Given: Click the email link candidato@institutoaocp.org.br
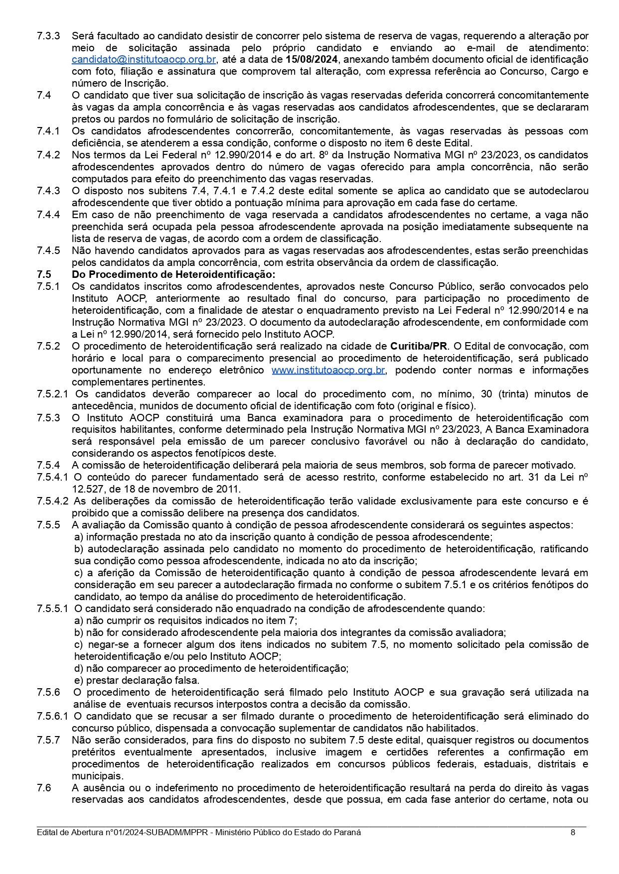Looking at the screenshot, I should (x=144, y=60).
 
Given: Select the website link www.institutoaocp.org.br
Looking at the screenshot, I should (x=328, y=370).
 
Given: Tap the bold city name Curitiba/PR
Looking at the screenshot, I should (x=419, y=346).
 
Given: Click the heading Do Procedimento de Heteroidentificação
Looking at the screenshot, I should (x=173, y=274).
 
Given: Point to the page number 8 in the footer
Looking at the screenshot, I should (x=573, y=832).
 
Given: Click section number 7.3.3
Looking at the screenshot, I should (x=48, y=36).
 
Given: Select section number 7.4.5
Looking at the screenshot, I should (x=48, y=250).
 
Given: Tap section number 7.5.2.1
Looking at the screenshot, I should (x=52, y=394).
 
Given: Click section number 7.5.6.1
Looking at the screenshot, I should (x=52, y=716).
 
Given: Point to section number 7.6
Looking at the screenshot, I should (x=44, y=788).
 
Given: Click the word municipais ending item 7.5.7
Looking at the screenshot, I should (x=97, y=776).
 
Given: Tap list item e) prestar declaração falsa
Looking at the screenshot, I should (x=137, y=680).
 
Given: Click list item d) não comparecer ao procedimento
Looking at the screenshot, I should (x=211, y=668).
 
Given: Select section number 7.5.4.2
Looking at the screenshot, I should (x=52, y=501).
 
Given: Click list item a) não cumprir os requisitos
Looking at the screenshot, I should (x=185, y=621).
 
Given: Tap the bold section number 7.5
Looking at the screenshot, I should (x=44, y=274).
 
